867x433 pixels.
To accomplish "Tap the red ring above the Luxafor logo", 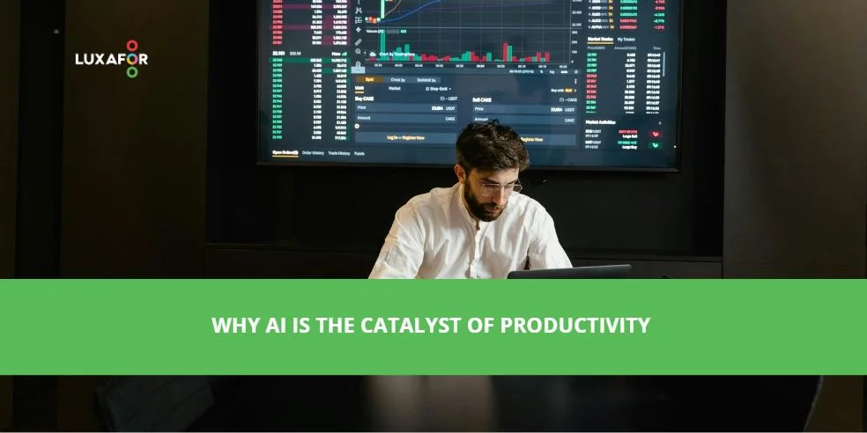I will [x=132, y=45].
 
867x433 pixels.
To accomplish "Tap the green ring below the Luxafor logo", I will [x=132, y=73].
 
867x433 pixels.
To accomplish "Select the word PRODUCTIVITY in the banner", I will [x=574, y=326].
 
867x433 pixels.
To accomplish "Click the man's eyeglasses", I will [x=500, y=187].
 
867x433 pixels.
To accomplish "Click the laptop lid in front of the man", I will [x=568, y=271].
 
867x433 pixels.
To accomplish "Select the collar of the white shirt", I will [x=467, y=216].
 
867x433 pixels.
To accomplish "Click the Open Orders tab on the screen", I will [x=285, y=152].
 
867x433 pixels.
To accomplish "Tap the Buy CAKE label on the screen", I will [x=364, y=99].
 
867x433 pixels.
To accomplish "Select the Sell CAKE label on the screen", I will [x=482, y=100].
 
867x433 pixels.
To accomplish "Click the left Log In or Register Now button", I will [x=406, y=137].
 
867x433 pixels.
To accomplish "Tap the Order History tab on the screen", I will [x=313, y=153].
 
